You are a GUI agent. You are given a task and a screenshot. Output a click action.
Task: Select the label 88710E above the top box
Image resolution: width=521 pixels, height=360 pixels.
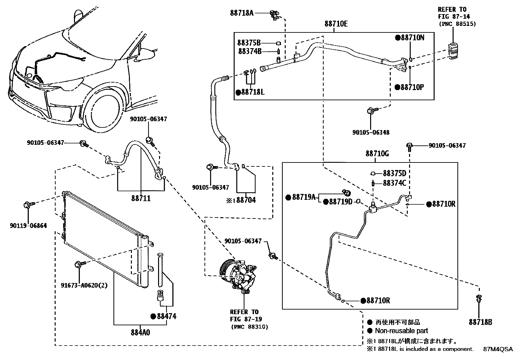[336, 24]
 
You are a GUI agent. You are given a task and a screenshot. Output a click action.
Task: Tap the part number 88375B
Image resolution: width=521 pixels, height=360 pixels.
[249, 43]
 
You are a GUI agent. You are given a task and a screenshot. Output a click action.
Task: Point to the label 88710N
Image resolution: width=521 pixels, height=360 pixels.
[412, 37]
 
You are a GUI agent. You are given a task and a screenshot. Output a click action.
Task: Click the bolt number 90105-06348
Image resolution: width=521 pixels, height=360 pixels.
[371, 132]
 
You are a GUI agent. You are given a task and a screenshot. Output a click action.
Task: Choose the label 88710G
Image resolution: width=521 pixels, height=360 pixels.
[377, 153]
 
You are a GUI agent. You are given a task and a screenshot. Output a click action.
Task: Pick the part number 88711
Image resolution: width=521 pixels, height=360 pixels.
[141, 198]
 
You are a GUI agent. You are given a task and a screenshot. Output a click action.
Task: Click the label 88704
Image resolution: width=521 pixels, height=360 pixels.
[245, 200]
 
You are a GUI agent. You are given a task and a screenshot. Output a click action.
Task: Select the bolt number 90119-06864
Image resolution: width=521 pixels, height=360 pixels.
[28, 226]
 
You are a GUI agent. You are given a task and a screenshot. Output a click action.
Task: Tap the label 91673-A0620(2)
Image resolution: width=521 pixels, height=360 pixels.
[84, 285]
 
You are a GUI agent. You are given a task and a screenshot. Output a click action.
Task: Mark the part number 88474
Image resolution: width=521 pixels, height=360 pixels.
[166, 316]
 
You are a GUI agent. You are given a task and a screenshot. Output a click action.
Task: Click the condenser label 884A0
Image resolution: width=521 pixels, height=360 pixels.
[141, 332]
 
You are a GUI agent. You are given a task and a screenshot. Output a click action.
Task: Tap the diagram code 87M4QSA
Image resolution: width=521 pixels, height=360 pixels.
[498, 349]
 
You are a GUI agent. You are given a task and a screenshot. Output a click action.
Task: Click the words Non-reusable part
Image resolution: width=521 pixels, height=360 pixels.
[401, 331]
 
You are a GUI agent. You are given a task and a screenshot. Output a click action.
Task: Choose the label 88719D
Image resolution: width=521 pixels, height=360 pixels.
[340, 202]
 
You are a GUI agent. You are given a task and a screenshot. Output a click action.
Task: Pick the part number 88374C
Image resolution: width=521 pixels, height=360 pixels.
[394, 183]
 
